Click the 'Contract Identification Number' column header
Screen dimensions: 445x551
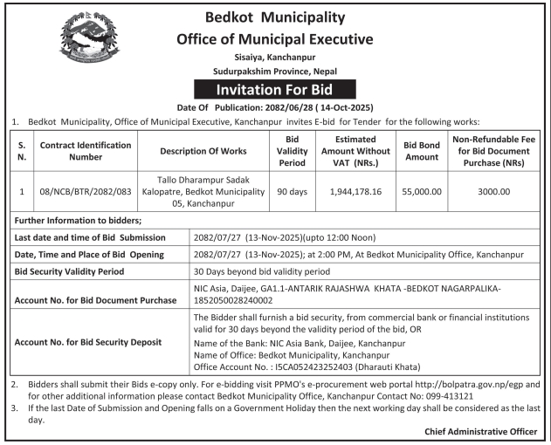pos(86,151)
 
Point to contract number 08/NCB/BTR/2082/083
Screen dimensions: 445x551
pos(86,190)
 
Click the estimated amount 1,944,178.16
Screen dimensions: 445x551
pos(355,190)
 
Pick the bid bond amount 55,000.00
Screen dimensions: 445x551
pos(422,190)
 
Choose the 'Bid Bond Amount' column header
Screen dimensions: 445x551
pos(422,151)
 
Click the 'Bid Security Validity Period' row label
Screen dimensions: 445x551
pos(77,271)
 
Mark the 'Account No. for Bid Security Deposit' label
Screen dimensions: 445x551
pos(97,342)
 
